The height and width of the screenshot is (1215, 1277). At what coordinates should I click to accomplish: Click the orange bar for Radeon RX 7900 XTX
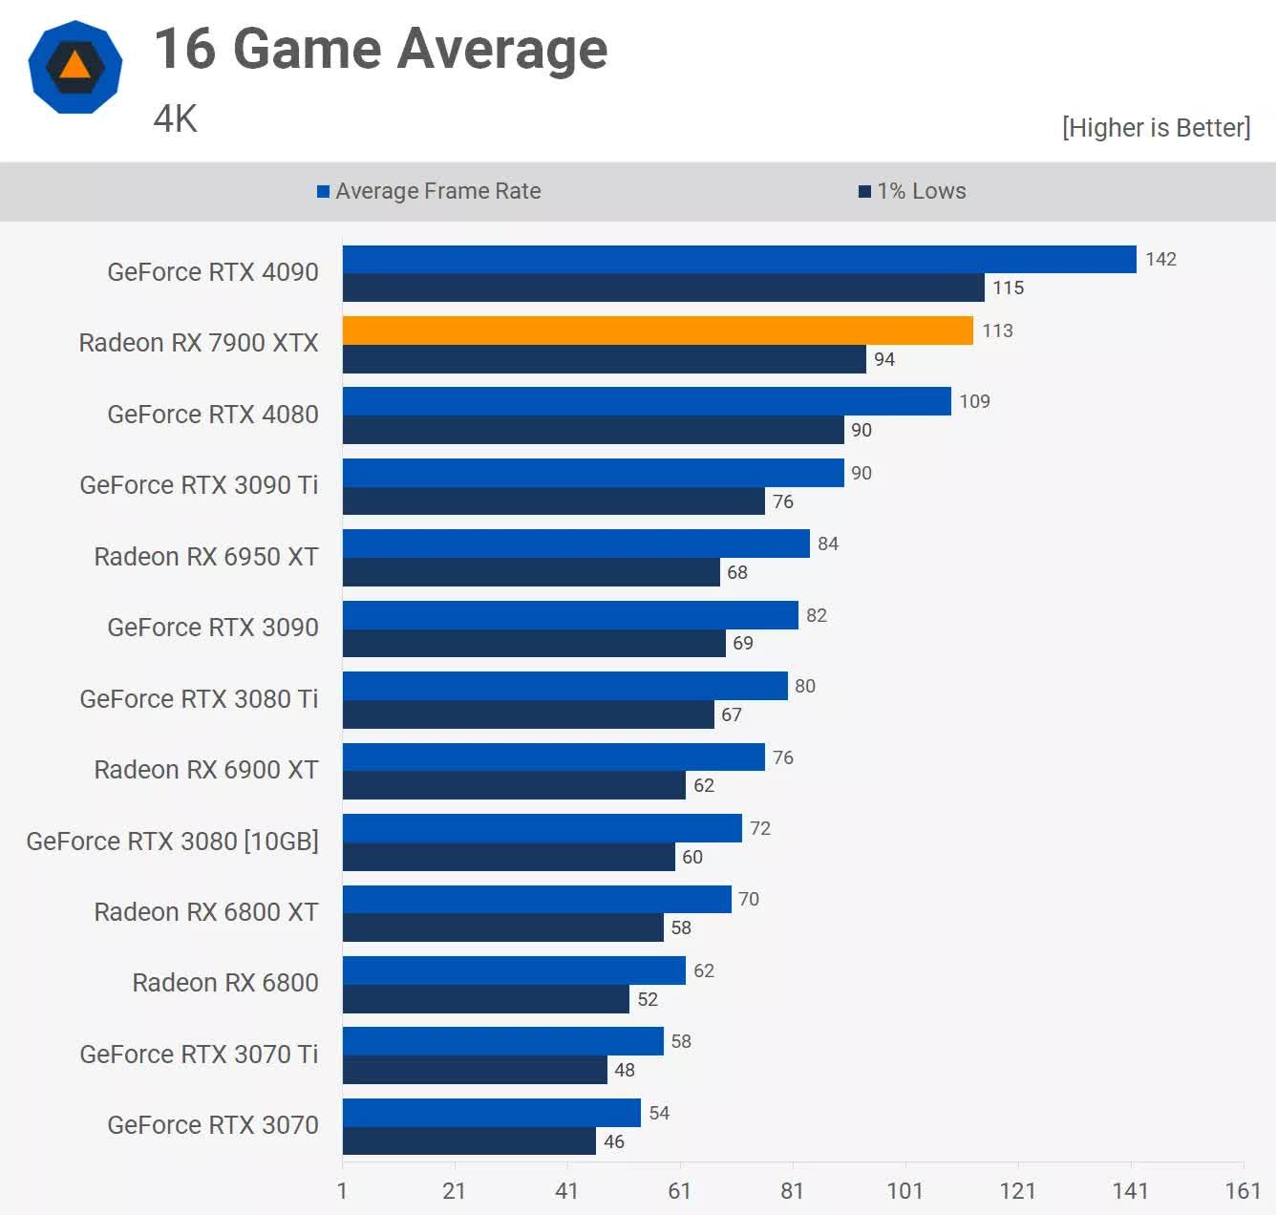pyautogui.click(x=657, y=330)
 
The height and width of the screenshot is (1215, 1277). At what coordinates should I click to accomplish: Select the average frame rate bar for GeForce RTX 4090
pyautogui.click(x=739, y=259)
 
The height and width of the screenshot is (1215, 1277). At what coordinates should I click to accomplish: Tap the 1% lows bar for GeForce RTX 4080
pyautogui.click(x=593, y=430)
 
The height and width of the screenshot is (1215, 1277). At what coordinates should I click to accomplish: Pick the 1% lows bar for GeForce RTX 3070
pyautogui.click(x=469, y=1141)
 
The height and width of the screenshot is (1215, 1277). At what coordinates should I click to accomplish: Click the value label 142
pyautogui.click(x=1160, y=259)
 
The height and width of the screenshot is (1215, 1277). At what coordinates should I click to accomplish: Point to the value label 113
pyautogui.click(x=997, y=330)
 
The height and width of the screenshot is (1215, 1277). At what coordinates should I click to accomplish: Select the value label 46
pyautogui.click(x=613, y=1141)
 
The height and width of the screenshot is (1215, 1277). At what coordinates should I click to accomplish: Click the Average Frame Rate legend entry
pyautogui.click(x=429, y=191)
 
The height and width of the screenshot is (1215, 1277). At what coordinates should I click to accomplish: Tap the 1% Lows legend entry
pyautogui.click(x=912, y=191)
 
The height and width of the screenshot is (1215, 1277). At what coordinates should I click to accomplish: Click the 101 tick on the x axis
pyautogui.click(x=905, y=1190)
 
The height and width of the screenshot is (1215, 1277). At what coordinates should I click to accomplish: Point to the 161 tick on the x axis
pyautogui.click(x=1243, y=1190)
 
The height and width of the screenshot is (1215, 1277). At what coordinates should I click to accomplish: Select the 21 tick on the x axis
pyautogui.click(x=454, y=1190)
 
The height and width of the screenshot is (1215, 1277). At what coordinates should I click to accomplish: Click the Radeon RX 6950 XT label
pyautogui.click(x=205, y=557)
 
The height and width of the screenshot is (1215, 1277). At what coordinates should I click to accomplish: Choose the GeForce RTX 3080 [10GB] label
pyautogui.click(x=172, y=842)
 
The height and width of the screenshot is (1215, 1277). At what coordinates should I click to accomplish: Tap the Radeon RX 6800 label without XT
pyautogui.click(x=224, y=983)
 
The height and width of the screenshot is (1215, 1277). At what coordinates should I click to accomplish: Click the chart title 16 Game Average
pyautogui.click(x=380, y=50)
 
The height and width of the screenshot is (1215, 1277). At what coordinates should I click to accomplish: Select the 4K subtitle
pyautogui.click(x=175, y=119)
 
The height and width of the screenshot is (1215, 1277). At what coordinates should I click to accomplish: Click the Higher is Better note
pyautogui.click(x=1156, y=128)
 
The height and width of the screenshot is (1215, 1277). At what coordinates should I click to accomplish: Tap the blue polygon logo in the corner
pyautogui.click(x=75, y=67)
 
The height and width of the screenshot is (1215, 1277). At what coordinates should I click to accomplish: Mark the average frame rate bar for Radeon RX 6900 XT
pyautogui.click(x=553, y=757)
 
